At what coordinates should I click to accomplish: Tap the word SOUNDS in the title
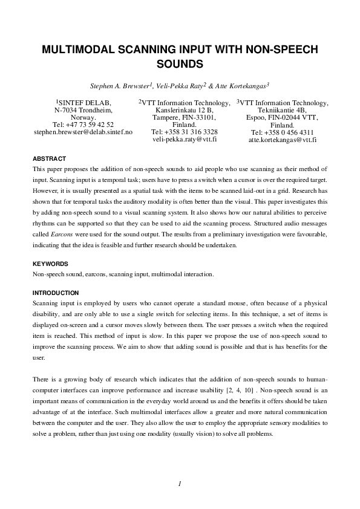pyautogui.click(x=180, y=63)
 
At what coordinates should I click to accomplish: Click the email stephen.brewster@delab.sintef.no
pyautogui.click(x=83, y=132)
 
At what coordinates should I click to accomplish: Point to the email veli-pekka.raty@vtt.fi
pyautogui.click(x=184, y=139)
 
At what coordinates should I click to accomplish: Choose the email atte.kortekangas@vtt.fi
pyautogui.click(x=282, y=140)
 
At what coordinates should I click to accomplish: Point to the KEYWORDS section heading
pyautogui.click(x=50, y=264)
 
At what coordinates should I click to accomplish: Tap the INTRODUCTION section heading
pyautogui.click(x=56, y=293)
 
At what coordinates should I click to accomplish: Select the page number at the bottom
pyautogui.click(x=180, y=483)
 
